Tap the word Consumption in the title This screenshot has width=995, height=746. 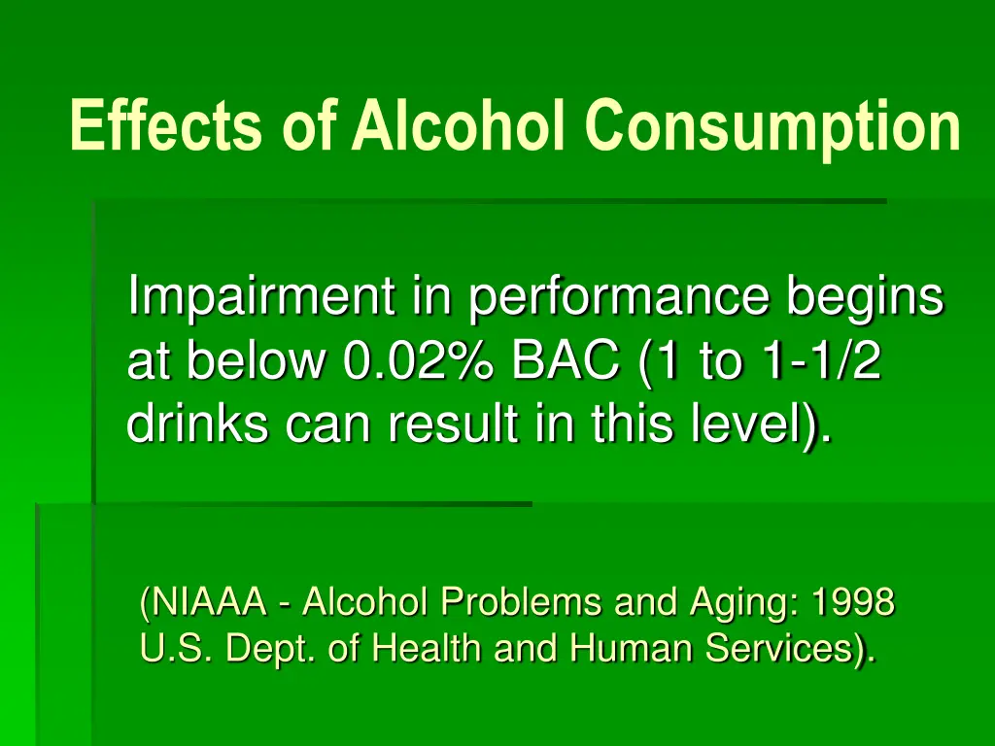pyautogui.click(x=772, y=127)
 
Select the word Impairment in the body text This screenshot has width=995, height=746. pyautogui.click(x=260, y=297)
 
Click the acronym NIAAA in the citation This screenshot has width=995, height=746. pyautogui.click(x=208, y=603)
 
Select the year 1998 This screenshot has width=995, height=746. pyautogui.click(x=853, y=603)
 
